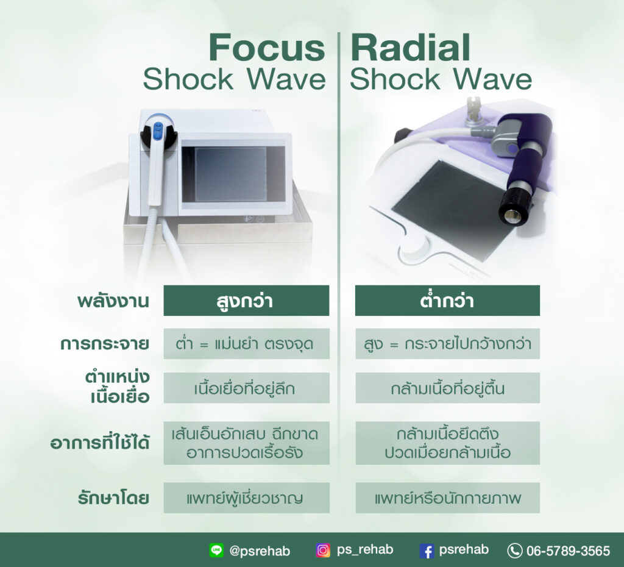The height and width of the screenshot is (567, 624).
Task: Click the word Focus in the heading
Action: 267,48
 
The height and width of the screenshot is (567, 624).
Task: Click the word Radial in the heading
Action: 411,48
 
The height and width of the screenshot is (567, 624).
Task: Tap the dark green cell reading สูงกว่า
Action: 246,301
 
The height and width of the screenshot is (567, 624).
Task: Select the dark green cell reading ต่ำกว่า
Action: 447,301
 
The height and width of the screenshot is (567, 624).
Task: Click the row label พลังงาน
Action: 113,301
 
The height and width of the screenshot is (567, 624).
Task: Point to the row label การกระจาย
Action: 105,344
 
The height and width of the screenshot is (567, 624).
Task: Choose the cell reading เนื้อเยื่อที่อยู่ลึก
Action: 246,388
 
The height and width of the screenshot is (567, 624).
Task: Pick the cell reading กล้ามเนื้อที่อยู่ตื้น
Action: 447,388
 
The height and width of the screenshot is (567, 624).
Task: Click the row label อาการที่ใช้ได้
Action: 100,443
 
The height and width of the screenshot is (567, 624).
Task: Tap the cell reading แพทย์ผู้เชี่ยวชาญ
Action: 246,497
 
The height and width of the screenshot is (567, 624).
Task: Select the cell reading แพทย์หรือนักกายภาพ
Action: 447,497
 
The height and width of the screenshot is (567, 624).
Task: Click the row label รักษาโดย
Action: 113,497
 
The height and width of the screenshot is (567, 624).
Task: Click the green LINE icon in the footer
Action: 216,551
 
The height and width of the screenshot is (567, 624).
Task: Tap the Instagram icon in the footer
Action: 323,551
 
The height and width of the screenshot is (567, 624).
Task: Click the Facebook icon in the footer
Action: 427,551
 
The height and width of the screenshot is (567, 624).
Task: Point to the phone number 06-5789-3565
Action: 568,551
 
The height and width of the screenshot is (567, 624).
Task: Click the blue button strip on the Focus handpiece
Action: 158,132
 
